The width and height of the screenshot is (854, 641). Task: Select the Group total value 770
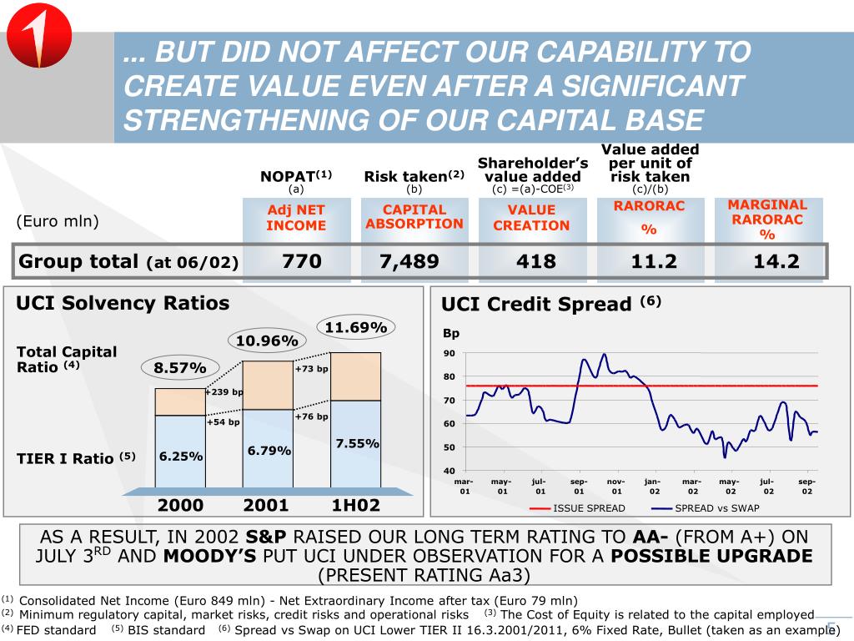301,261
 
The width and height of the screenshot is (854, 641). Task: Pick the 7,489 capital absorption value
409,261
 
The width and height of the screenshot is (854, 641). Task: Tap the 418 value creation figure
535,261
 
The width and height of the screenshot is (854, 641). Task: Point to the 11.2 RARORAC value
654,261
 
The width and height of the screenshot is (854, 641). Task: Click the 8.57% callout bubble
179,366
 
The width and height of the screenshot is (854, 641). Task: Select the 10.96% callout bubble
267,341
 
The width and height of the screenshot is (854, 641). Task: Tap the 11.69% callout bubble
356,327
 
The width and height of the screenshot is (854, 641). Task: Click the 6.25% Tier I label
181,457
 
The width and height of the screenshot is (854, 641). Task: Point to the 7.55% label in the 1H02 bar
357,443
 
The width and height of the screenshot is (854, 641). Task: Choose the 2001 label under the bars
266,505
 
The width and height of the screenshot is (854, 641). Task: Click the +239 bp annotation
224,391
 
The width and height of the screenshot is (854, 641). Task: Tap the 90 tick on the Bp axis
449,353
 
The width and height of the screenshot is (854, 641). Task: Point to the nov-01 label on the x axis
615,487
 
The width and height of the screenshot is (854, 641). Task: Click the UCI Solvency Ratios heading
123,303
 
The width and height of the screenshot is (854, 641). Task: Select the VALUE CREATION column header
531,218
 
